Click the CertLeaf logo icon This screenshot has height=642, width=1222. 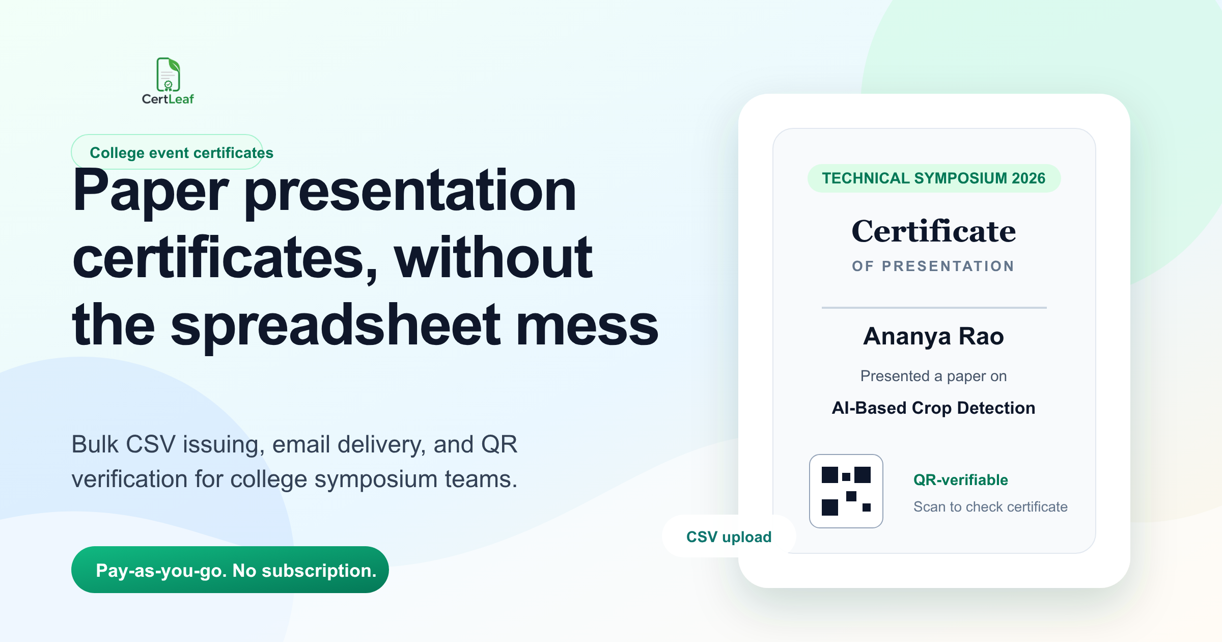[168, 74]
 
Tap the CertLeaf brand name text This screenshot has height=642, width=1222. [168, 99]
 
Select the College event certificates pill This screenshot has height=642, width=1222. [167, 152]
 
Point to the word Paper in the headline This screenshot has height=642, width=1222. [151, 192]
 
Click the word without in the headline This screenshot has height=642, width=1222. [493, 258]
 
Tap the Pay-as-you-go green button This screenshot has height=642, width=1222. [230, 570]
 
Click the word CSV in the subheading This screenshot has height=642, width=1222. [151, 444]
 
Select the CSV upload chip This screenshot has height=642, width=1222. [729, 537]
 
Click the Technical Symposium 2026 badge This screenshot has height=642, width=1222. [934, 178]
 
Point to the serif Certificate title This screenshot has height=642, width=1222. [934, 231]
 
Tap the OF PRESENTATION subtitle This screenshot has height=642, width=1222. [933, 266]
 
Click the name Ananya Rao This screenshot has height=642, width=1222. [934, 336]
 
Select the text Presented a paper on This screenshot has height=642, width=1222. [934, 376]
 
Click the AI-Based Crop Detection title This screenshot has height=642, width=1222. [934, 408]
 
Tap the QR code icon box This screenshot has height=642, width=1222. [846, 491]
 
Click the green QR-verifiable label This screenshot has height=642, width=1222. [961, 480]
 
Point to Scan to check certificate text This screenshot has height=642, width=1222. [990, 507]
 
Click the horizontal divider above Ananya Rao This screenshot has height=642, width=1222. [934, 308]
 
